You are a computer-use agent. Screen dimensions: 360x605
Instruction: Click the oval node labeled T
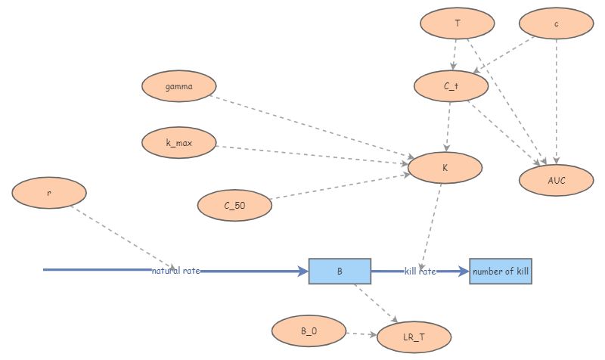458,23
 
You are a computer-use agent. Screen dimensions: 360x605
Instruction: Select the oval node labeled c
557,23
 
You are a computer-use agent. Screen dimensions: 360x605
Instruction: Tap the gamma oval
178,86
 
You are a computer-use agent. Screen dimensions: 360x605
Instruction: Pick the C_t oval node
451,86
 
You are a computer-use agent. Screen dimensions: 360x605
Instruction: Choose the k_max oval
179,143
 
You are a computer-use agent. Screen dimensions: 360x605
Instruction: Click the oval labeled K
445,168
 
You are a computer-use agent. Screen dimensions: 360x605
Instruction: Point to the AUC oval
557,180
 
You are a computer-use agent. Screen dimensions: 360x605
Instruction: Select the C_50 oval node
234,205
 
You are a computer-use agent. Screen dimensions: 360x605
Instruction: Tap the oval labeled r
49,193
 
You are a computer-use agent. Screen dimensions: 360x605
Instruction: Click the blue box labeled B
340,271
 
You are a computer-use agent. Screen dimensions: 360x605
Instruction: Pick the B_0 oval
309,331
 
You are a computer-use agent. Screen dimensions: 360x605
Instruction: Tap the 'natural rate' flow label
176,271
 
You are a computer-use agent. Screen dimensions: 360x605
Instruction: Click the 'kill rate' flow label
420,271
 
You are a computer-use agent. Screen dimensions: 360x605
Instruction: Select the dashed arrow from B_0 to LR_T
361,334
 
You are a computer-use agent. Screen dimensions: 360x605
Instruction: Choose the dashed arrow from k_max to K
310,154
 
